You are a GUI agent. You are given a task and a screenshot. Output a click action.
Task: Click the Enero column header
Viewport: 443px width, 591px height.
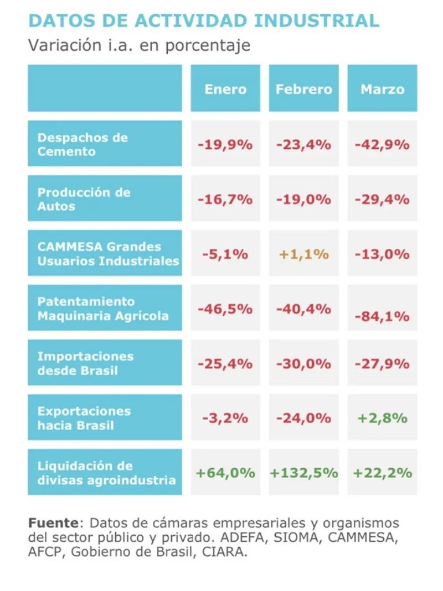click(225, 89)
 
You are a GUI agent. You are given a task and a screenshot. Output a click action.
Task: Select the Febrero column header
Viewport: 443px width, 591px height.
click(304, 89)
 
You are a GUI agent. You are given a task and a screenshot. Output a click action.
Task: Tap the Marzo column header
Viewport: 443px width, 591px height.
click(382, 89)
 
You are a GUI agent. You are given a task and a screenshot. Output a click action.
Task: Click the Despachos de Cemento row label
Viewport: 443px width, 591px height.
click(83, 144)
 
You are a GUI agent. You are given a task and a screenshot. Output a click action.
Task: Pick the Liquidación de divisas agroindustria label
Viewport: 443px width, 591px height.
click(106, 473)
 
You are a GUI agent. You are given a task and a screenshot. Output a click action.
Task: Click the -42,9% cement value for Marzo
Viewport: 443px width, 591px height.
click(382, 145)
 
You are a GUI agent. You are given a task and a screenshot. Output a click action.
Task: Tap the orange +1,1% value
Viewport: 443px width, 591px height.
click(304, 254)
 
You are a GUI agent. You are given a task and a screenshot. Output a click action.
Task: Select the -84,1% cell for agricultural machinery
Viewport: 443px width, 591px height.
click(382, 316)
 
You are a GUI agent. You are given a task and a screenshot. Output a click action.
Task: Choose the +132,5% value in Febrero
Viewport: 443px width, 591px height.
click(304, 473)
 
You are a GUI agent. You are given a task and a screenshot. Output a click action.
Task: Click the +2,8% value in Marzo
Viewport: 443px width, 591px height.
click(382, 419)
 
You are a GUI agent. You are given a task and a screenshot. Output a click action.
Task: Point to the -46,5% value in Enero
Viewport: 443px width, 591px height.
click(225, 308)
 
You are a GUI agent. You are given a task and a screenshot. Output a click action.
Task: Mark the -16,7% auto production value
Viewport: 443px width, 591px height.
click(225, 200)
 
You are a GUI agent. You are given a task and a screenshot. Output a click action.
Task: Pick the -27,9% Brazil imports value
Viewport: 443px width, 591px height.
click(382, 364)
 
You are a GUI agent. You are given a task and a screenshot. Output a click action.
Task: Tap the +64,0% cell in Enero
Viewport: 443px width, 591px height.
click(225, 473)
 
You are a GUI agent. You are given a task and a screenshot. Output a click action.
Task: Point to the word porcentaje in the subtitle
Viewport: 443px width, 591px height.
click(210, 45)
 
